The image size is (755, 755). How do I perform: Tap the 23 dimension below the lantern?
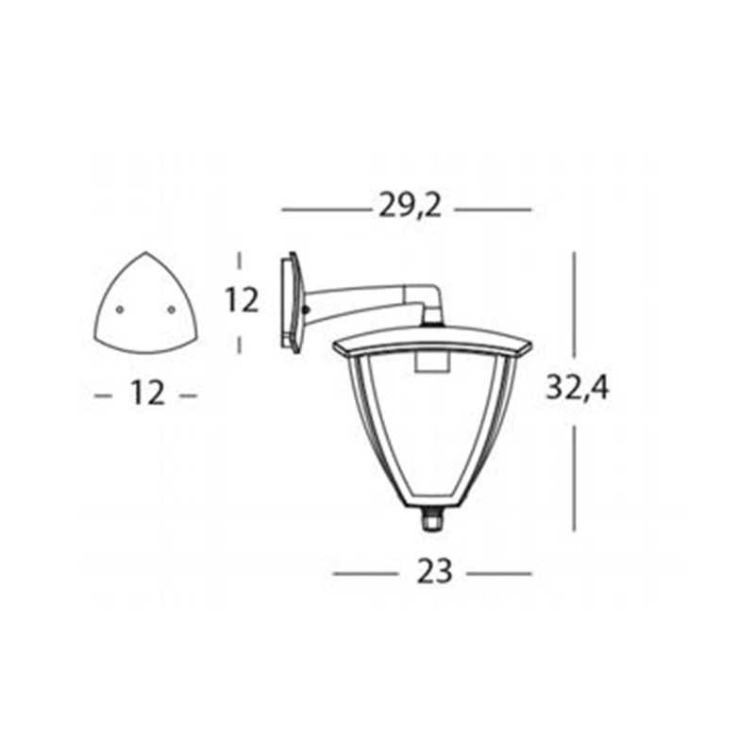point(433,571)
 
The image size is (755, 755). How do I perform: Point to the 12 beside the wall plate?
point(242,301)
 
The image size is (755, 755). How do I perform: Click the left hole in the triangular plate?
point(120,309)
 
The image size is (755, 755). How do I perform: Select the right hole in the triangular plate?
point(171,309)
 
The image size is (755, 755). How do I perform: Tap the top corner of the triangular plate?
point(145,255)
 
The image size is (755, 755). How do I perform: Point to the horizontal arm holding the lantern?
point(363,297)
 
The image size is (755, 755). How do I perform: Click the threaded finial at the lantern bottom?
point(433,519)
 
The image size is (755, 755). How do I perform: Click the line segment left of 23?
point(364,572)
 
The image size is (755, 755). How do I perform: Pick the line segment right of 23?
point(500,572)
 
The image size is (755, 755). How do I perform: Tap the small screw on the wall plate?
point(306,309)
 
